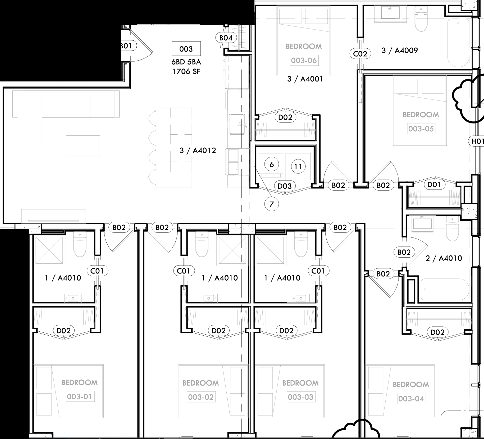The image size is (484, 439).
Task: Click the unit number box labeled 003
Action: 186,49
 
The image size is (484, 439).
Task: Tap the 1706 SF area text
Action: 186,72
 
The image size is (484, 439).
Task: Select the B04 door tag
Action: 226,38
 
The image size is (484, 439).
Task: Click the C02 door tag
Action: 360,54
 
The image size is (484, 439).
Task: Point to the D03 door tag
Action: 285,186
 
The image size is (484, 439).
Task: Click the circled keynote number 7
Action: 271,204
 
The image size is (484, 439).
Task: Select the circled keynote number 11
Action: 298,167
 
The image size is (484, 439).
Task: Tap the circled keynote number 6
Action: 271,165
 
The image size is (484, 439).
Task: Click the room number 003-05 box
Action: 421,129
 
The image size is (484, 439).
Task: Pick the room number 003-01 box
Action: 79,397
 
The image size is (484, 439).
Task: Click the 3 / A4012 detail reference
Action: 198,150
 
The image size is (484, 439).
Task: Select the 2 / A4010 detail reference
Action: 444,258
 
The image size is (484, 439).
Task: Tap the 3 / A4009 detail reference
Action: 400,50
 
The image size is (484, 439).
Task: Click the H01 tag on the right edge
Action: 477,141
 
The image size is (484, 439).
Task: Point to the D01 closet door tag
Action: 434,184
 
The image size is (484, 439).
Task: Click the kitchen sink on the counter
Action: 237,124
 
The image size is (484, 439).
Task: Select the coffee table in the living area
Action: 83,146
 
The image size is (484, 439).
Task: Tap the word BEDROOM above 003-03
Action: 300,383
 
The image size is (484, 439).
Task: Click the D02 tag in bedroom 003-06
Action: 285,117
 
